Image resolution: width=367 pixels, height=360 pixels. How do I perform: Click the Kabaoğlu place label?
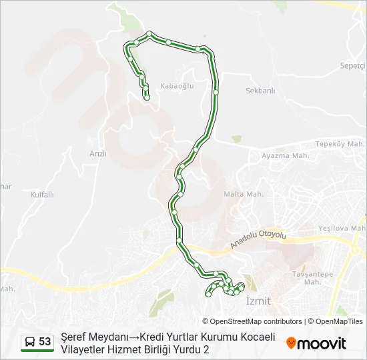[177, 86]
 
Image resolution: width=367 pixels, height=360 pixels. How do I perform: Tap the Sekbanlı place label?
[260, 91]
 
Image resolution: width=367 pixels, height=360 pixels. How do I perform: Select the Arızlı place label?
[98, 153]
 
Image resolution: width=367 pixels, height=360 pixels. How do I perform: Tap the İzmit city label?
[258, 301]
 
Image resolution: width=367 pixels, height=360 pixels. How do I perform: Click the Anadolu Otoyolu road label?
[258, 240]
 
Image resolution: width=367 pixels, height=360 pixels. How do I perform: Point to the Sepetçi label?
[353, 66]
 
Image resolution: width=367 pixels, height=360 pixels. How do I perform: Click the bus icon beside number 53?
[30, 342]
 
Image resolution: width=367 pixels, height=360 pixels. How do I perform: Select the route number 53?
[45, 341]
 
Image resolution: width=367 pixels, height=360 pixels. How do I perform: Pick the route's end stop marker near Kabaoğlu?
[147, 98]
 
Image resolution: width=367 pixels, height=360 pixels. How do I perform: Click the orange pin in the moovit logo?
[291, 343]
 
